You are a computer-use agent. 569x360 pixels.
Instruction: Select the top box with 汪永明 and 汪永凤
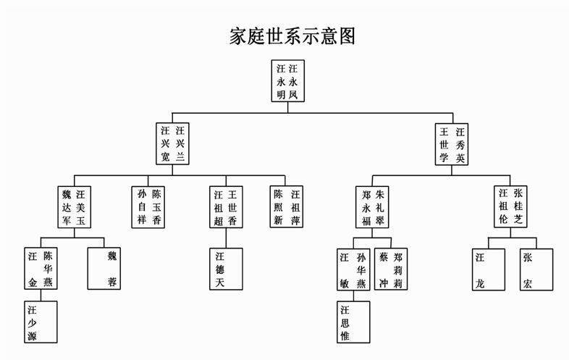coord(287,81)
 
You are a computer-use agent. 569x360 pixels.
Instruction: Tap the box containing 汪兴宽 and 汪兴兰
coord(173,143)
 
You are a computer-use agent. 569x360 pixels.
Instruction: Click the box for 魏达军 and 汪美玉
coord(75,207)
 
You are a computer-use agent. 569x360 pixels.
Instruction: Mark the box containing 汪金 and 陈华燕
coord(41,269)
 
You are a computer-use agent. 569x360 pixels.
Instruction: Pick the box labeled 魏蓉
coord(106,269)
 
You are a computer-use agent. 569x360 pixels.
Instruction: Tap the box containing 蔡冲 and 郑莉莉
coord(392,269)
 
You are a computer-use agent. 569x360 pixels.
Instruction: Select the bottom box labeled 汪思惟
coord(353,322)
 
